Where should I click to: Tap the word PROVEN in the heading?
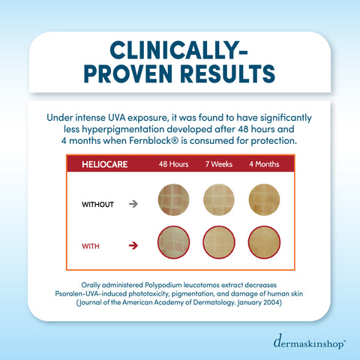pos(133,75)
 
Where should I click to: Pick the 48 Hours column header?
pos(173,164)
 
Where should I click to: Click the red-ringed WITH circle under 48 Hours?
pos(174,244)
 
